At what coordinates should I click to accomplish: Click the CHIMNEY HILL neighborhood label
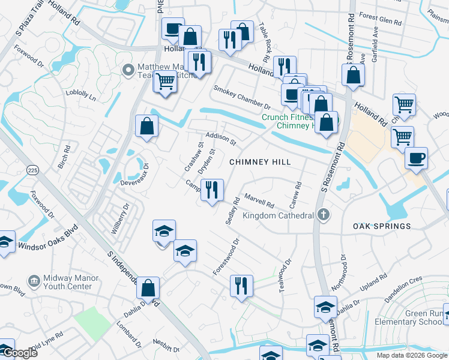261,162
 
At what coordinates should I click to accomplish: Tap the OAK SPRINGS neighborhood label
382,226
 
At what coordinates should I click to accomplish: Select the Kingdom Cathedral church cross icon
324,215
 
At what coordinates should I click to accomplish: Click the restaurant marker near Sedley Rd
212,191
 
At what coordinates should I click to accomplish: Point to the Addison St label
221,139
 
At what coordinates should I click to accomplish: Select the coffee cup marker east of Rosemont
416,158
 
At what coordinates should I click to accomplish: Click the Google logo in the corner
20,353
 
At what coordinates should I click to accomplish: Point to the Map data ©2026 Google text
412,355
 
